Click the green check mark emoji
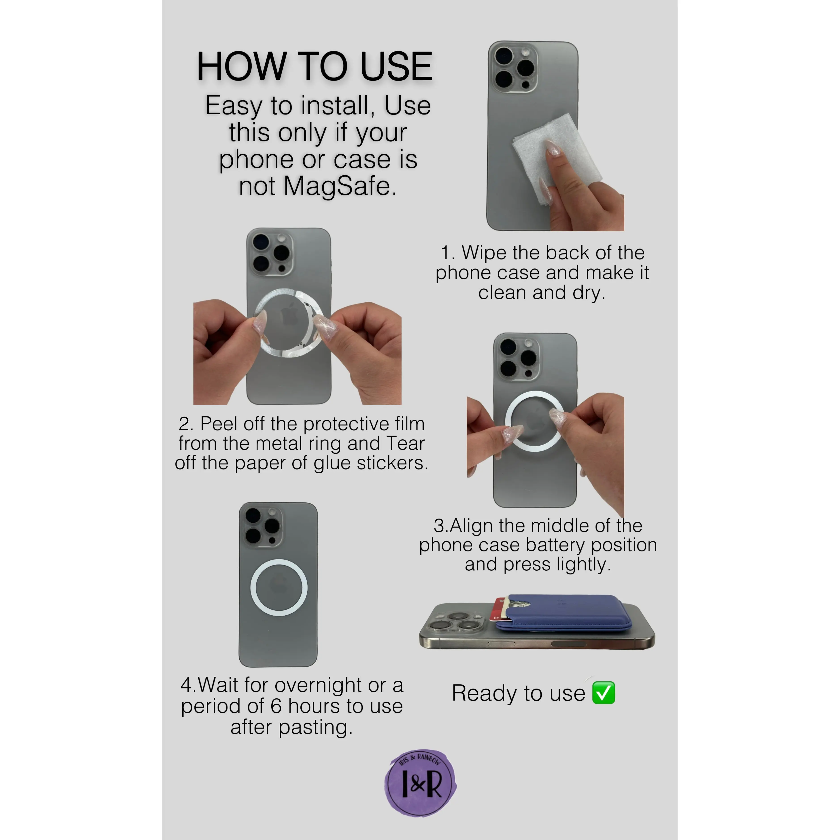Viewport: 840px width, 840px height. click(604, 693)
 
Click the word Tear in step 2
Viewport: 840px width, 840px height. click(405, 443)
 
